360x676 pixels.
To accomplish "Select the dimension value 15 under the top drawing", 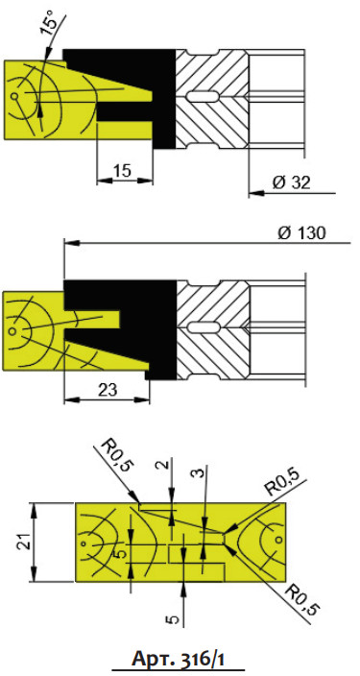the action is [123, 170].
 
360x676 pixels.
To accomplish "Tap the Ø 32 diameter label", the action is [291, 182].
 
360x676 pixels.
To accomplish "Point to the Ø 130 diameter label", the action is [301, 232].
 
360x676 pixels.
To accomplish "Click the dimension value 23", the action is [108, 390].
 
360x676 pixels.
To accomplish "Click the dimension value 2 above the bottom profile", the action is [161, 465].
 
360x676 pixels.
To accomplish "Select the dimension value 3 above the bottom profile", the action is [196, 473].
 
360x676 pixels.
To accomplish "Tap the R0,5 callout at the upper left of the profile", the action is [115, 456].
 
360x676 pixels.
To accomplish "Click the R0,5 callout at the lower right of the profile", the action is [301, 596].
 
